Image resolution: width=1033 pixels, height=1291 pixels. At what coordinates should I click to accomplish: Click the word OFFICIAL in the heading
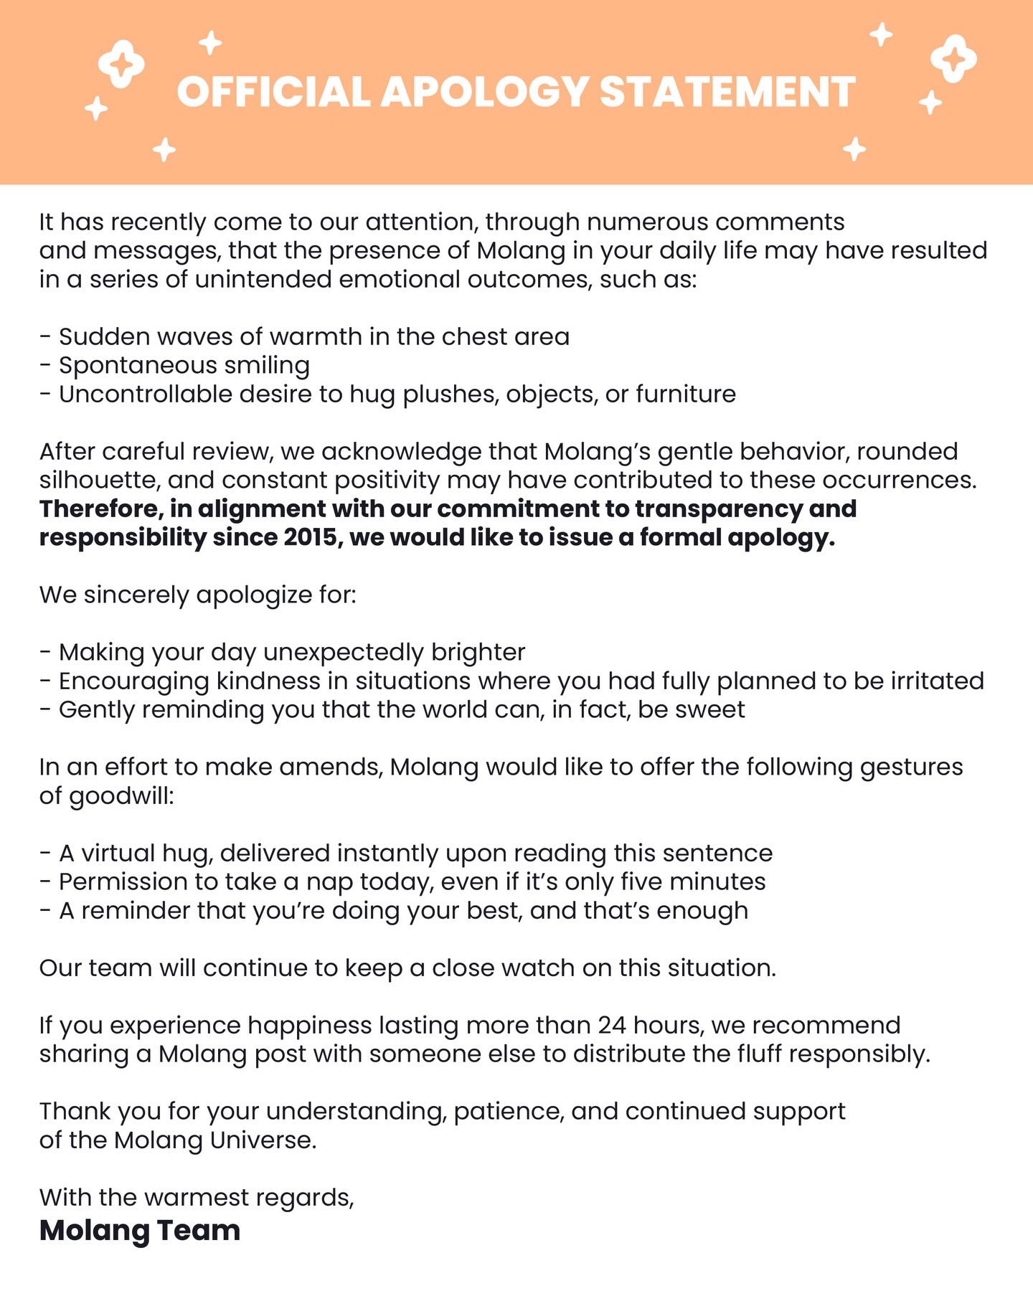pos(273,92)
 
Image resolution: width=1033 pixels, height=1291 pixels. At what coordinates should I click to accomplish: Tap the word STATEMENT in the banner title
pos(727,92)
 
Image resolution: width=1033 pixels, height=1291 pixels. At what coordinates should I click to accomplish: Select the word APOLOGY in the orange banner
pos(484,92)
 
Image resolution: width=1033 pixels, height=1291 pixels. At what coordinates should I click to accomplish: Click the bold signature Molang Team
pos(140,1229)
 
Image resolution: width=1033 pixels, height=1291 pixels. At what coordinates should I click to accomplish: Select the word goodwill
pos(121,795)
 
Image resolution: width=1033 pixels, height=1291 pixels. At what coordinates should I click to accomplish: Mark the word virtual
pos(118,853)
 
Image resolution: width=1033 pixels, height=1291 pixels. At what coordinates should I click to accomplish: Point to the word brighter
pos(478,652)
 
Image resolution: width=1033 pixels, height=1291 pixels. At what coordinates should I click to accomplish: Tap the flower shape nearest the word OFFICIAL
pos(121,63)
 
